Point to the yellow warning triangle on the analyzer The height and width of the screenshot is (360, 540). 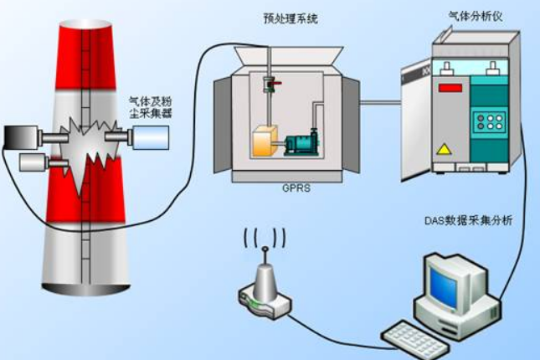pos(444,149)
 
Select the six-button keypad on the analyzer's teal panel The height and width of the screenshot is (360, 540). pos(488,124)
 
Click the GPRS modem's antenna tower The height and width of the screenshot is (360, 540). pos(263,276)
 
